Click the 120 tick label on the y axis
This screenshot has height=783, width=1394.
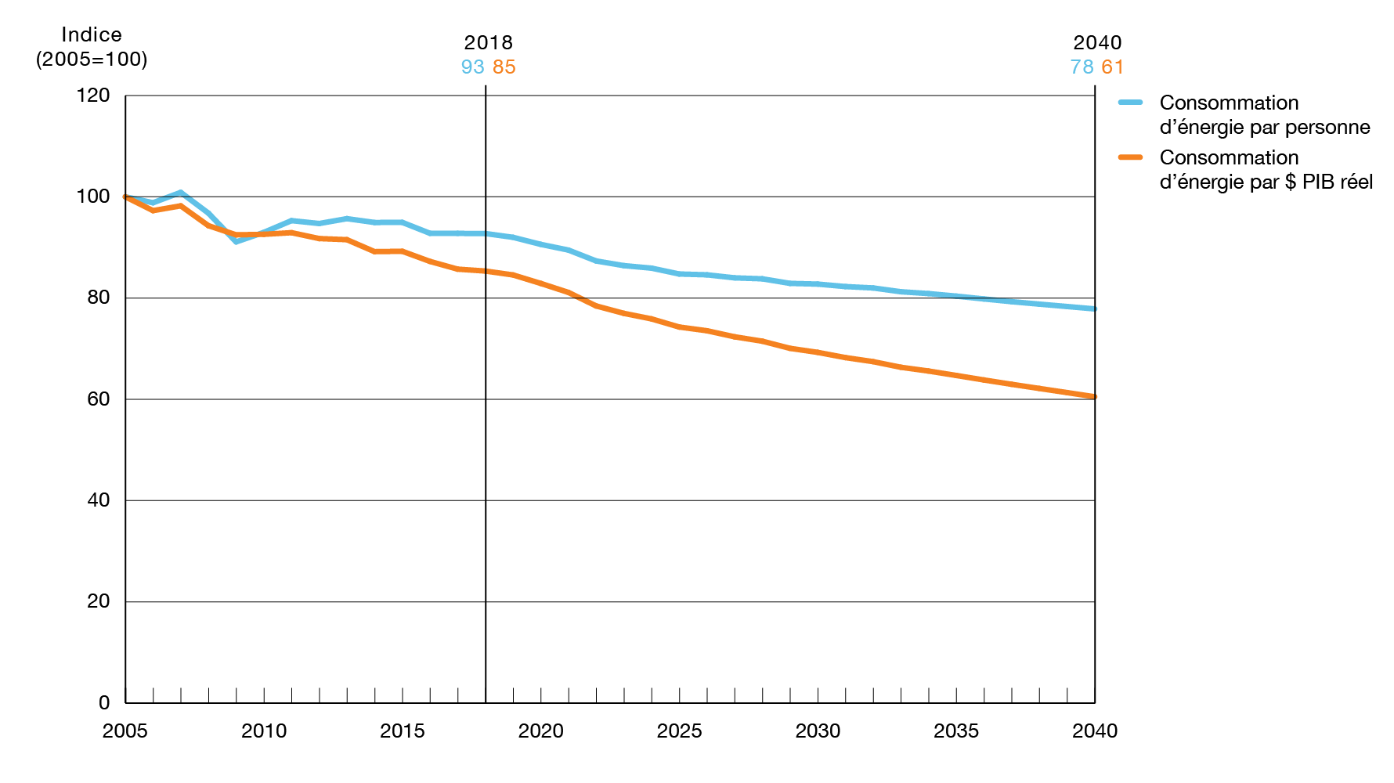coord(94,96)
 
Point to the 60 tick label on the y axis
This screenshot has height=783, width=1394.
coord(99,399)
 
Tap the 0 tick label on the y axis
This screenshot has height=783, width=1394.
coord(104,702)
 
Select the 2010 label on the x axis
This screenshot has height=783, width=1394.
coord(264,731)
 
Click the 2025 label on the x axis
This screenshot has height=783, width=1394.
coord(679,731)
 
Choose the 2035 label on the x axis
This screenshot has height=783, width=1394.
coord(956,731)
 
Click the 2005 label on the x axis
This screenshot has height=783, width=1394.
coord(125,731)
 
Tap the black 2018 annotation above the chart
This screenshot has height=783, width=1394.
coord(488,43)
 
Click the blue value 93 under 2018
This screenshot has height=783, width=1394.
coord(472,67)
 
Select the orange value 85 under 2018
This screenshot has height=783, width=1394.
coord(504,67)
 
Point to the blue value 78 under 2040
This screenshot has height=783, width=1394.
coord(1082,67)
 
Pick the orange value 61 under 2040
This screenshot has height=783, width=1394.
coord(1113,67)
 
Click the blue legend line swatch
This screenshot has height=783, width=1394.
coord(1131,103)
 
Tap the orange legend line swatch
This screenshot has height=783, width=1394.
coord(1131,157)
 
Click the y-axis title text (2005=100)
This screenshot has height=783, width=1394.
coord(92,60)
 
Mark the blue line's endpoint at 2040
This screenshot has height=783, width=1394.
coord(1094,309)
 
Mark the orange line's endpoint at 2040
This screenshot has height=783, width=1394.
coord(1094,397)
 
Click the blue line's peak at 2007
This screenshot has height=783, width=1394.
coord(181,192)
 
